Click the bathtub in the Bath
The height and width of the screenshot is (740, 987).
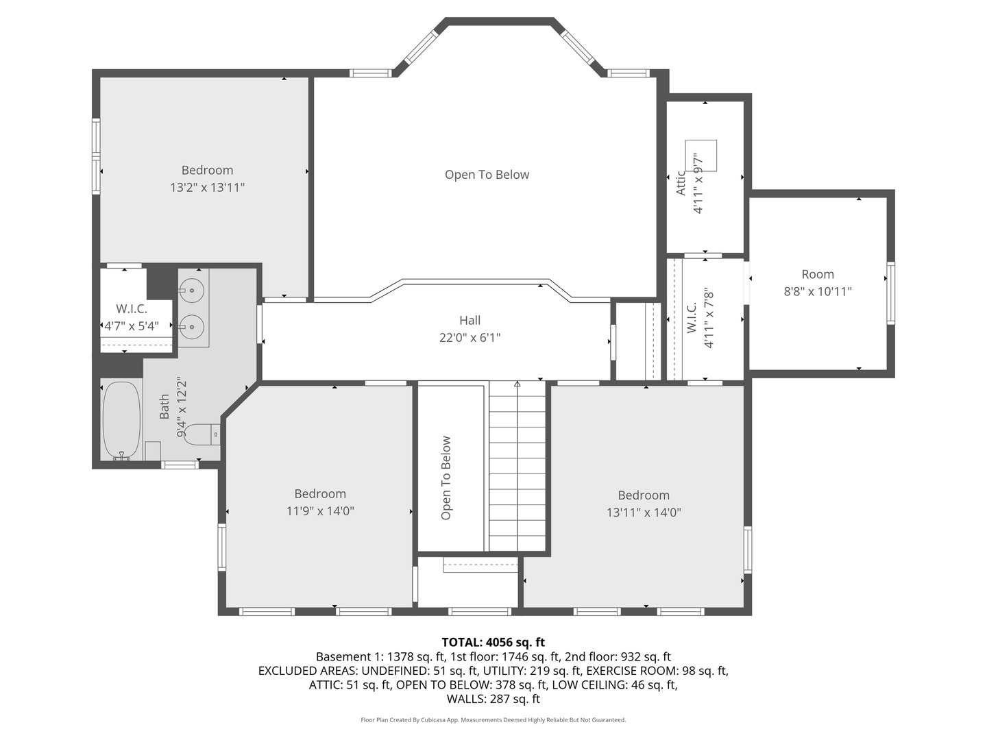point(121,421)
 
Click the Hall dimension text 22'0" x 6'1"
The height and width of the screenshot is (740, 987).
point(470,337)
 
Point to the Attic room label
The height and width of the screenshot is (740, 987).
point(681,183)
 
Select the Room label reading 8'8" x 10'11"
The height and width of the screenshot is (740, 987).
point(818,292)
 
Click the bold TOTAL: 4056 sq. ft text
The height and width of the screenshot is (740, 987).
point(493,642)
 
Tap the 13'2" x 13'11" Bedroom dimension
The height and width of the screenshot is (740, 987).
point(207,187)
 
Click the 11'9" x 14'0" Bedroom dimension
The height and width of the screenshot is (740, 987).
point(320,511)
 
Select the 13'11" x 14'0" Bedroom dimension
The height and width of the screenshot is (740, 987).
point(644,513)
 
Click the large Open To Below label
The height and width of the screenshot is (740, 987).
point(487,174)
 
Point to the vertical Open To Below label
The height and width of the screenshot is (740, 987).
point(446,478)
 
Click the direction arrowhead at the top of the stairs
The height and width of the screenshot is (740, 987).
point(517,384)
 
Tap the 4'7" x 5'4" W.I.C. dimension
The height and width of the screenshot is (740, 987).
point(132,325)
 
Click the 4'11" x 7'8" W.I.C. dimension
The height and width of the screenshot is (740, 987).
point(709,318)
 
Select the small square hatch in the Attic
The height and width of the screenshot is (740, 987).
point(700,156)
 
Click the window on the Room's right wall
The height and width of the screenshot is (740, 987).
point(890,293)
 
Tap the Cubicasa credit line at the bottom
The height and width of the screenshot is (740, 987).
point(493,719)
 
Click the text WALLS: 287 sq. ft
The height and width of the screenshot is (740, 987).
point(493,699)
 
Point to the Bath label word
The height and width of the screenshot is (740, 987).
point(164,406)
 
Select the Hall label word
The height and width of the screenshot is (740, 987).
point(470,321)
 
